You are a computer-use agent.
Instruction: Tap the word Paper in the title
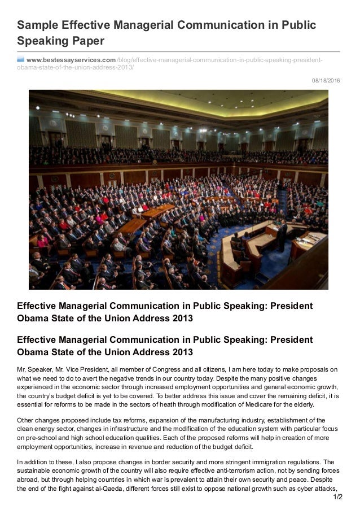87,41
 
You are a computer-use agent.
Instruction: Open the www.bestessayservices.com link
71,60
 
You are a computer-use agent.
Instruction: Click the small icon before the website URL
21,60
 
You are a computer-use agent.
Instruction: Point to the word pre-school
38,438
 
